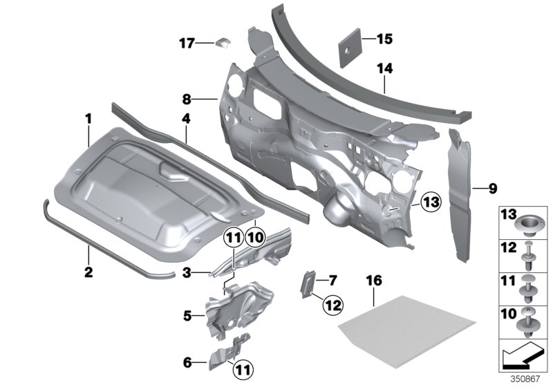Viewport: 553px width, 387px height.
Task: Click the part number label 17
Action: coord(186,44)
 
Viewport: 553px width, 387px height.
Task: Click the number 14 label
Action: coord(384,68)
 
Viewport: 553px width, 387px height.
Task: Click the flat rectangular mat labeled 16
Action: coord(409,319)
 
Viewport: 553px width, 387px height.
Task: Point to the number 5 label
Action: coord(187,316)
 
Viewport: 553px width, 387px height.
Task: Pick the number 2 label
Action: coord(89,272)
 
